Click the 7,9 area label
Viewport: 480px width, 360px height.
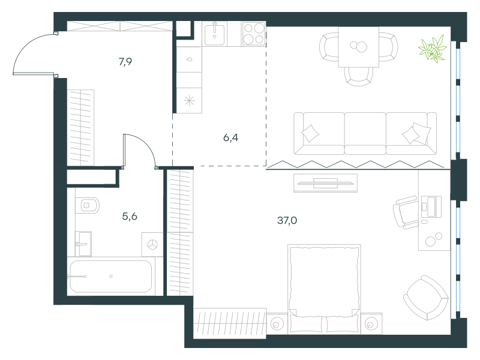coord(125,62)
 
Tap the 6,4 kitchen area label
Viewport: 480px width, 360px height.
coord(230,138)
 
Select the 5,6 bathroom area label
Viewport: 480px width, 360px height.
coord(130,217)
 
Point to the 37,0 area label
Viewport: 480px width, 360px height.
coord(287,220)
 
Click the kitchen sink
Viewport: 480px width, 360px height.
coord(214,34)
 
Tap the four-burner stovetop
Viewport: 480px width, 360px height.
coord(253,34)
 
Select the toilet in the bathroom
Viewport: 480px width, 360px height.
coord(87,205)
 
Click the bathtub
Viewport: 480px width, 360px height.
coord(111,277)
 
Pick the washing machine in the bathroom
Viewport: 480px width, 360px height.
coord(152,244)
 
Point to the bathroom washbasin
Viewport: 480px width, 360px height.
coord(83,244)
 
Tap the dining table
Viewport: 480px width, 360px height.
coord(358,47)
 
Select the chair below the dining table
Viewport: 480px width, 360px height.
coord(358,76)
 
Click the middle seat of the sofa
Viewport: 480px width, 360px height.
coord(365,133)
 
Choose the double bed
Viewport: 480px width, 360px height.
coord(324,289)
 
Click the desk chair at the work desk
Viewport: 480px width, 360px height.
coord(406,212)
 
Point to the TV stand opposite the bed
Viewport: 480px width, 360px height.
coord(325,183)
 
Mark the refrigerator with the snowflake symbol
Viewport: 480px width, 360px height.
coord(189,100)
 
